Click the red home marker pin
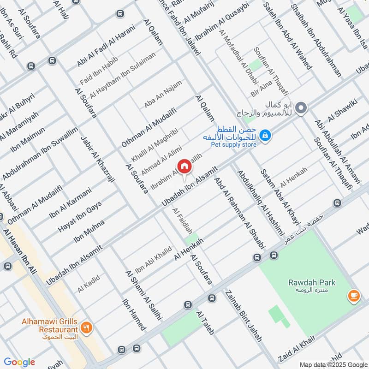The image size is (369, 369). tap(184, 167)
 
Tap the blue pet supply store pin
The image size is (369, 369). tap(265, 136)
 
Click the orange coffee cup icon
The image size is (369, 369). tap(354, 296)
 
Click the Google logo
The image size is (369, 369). tap(19, 362)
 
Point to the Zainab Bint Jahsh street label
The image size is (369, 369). tap(244, 315)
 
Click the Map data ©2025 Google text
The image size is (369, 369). tap(333, 363)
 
